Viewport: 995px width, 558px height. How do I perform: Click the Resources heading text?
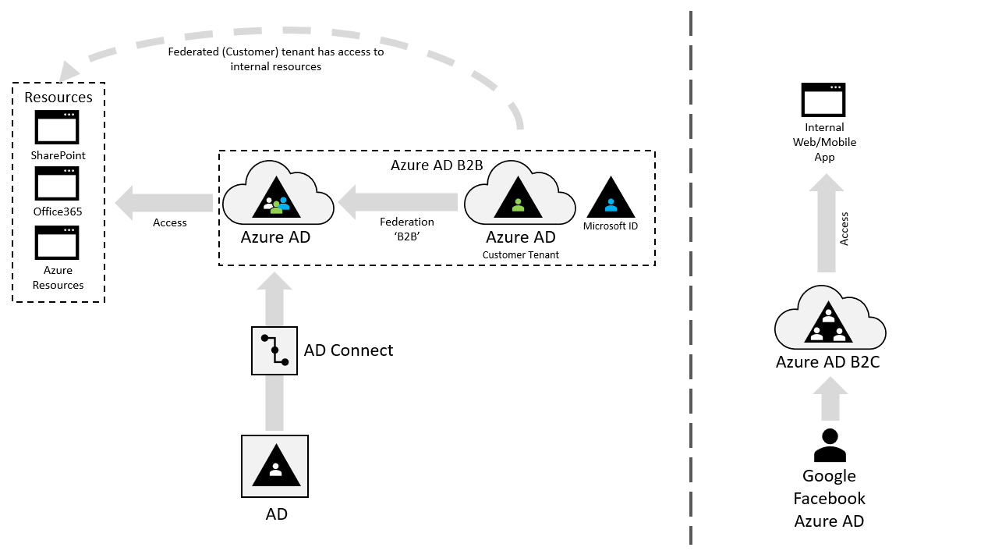[x=58, y=98]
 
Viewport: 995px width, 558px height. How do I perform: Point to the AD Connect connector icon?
[x=274, y=350]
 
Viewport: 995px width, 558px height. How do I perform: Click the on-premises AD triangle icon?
[x=274, y=466]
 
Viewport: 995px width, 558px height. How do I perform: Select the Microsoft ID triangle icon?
[x=611, y=197]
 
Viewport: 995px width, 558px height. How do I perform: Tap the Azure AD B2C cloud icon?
[x=829, y=322]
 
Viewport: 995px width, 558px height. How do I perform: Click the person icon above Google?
[x=829, y=446]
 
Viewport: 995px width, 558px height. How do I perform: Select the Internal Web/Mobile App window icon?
[x=823, y=100]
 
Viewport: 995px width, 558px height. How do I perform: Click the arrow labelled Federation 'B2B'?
[x=397, y=203]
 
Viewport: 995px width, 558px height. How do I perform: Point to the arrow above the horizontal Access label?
[x=164, y=203]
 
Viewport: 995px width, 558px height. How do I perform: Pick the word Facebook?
[x=829, y=499]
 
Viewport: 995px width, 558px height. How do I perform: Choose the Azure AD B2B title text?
[x=437, y=165]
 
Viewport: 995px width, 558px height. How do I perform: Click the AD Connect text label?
[x=349, y=350]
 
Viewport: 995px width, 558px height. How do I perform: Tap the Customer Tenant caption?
[x=520, y=255]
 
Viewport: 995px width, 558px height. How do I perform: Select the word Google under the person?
[x=829, y=476]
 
